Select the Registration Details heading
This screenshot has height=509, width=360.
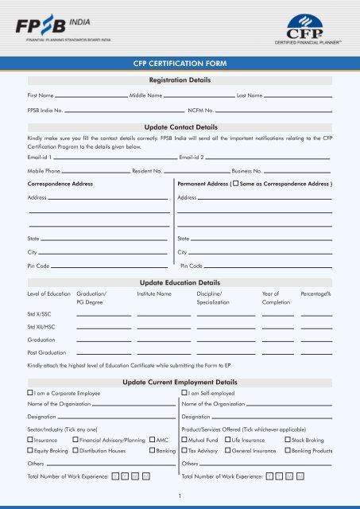tap(179, 80)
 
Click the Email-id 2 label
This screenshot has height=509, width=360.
tap(192, 156)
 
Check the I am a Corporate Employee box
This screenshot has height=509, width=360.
tap(30, 393)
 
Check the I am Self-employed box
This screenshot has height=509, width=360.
tap(185, 393)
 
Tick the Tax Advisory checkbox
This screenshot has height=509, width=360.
tap(185, 451)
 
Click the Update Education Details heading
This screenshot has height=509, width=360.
tap(179, 282)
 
